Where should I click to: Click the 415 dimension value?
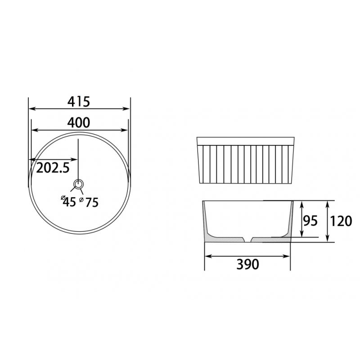pos(78,102)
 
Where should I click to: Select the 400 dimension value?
pos(78,122)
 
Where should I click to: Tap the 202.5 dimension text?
pos(53,167)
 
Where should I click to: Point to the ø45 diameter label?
pos(68,202)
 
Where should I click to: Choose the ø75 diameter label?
pos(89,202)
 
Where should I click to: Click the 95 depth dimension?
pos(310,221)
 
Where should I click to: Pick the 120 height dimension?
pos(341,221)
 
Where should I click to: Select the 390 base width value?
pos(248,264)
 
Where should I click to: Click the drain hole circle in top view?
pos(78,184)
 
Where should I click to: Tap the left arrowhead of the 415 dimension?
pos(32,108)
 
